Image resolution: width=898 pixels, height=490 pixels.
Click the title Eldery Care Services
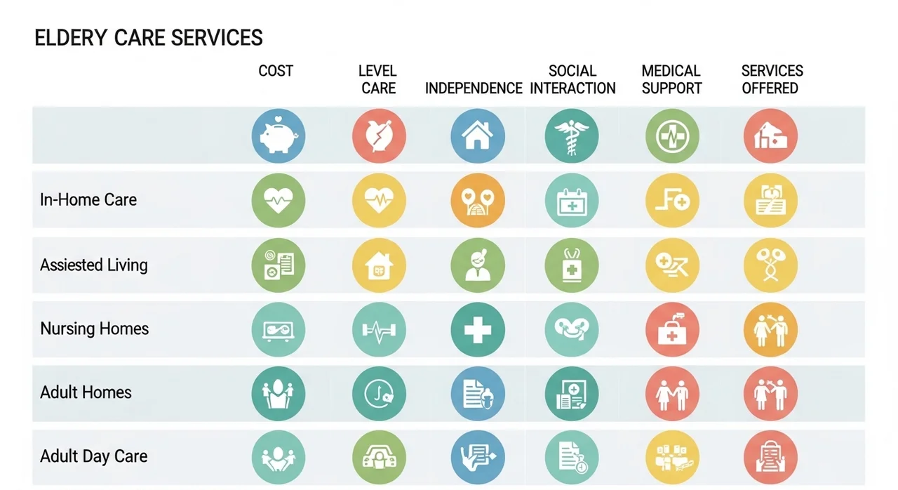click(x=148, y=38)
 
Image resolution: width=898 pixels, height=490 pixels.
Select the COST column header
click(x=276, y=71)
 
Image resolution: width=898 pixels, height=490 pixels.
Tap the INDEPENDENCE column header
click(x=474, y=88)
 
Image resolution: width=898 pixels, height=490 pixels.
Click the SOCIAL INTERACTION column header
click(x=572, y=79)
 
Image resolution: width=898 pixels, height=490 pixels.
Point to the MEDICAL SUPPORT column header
click(x=671, y=79)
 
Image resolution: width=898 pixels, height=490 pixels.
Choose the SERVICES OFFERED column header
click(x=772, y=79)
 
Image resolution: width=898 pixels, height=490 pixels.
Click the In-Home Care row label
click(x=88, y=199)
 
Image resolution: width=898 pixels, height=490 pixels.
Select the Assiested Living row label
click(x=94, y=265)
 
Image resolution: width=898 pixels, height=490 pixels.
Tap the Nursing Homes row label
click(x=94, y=329)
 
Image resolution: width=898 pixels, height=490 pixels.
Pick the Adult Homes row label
click(x=86, y=392)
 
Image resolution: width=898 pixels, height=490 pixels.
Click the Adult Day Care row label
click(x=93, y=456)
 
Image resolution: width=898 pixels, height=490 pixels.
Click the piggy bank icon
click(x=279, y=136)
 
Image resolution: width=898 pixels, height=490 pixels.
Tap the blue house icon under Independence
click(x=478, y=136)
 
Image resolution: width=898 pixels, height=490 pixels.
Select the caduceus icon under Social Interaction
click(x=572, y=136)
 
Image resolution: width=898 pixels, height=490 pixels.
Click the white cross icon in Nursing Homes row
click(x=478, y=330)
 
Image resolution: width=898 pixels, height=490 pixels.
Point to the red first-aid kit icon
click(x=672, y=330)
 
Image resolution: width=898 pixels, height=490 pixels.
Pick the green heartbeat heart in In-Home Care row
click(x=279, y=201)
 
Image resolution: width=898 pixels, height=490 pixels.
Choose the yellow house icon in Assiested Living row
click(x=379, y=265)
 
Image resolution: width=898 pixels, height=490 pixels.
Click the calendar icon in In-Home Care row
click(x=572, y=201)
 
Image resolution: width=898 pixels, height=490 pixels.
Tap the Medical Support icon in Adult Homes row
click(x=672, y=393)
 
